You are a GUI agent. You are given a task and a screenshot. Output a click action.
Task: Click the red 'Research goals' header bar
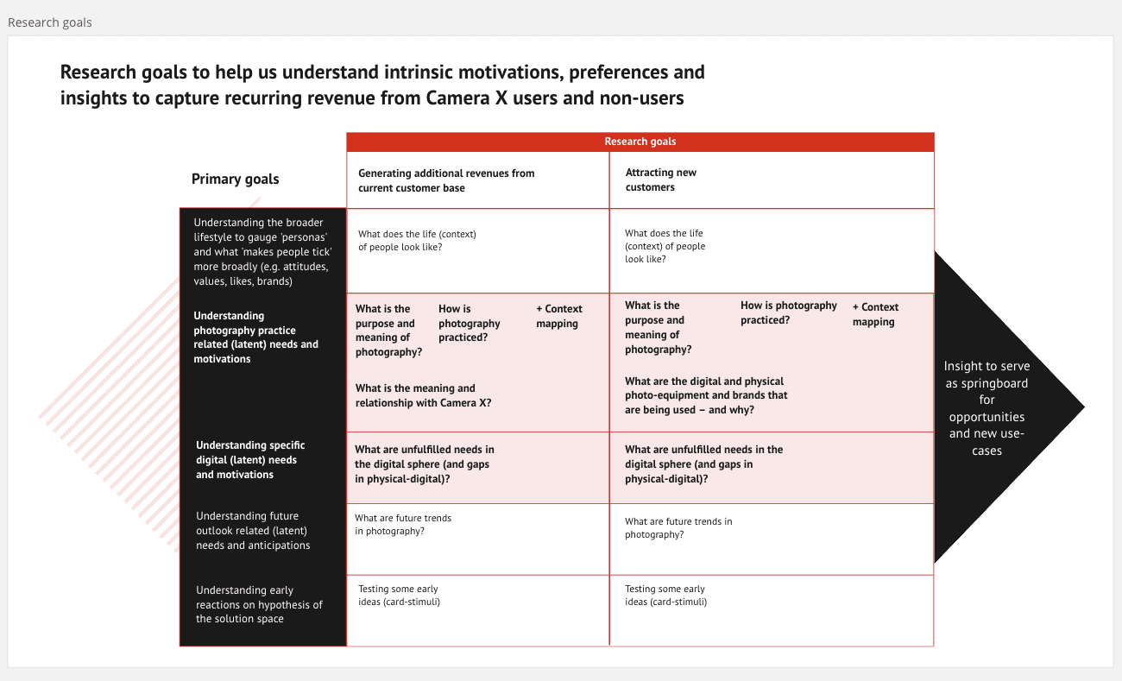640,142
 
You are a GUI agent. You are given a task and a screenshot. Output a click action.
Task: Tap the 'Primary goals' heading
235,180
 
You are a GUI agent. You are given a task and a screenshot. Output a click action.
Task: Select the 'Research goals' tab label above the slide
49,22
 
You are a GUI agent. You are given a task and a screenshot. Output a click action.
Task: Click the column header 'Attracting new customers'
660,180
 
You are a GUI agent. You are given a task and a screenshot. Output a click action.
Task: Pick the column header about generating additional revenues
445,180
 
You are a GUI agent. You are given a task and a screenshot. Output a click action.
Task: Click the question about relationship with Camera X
423,395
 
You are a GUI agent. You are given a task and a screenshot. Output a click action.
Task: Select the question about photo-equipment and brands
705,395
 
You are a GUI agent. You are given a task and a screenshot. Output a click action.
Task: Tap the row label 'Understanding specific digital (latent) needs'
249,460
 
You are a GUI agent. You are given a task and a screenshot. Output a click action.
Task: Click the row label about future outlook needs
252,531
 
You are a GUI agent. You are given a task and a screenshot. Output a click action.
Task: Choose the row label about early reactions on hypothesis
258,604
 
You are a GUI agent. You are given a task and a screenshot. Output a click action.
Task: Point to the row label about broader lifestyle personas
262,251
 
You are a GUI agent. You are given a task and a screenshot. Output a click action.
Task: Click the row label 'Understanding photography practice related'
255,337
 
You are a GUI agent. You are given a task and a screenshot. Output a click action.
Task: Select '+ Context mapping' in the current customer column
558,316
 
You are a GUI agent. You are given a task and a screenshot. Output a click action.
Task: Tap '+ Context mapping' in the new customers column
874,314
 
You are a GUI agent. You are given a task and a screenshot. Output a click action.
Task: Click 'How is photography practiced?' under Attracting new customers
788,312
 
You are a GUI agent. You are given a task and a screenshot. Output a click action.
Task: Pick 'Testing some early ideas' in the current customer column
398,595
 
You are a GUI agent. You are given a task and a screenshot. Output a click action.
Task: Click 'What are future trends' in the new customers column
678,527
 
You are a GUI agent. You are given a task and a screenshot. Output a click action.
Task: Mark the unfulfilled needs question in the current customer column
424,463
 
